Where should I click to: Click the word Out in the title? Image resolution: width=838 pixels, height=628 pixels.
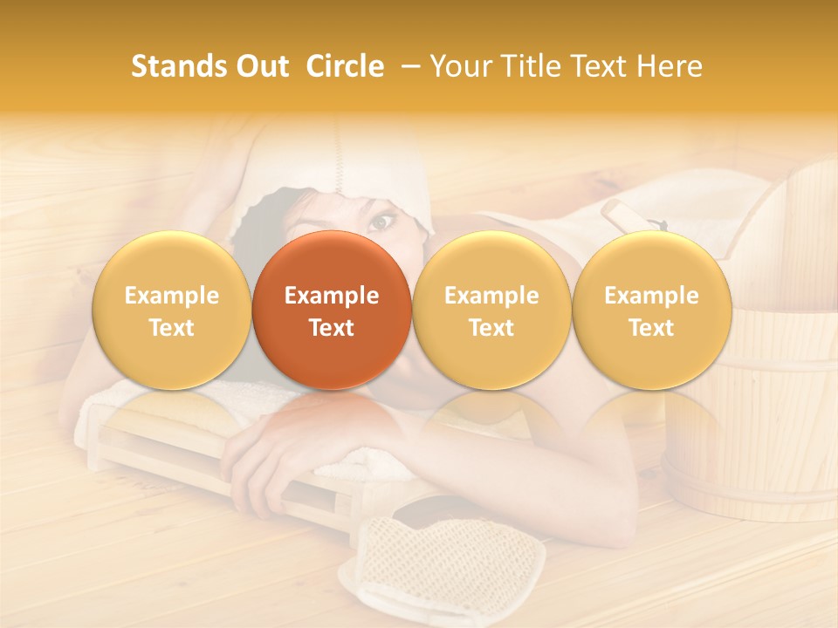point(261,66)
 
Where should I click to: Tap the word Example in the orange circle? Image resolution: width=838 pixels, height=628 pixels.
point(332,296)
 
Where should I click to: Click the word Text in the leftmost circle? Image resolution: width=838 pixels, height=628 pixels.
point(172,328)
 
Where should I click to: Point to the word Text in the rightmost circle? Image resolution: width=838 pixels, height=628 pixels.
point(652,328)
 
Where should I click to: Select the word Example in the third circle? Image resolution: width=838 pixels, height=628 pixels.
point(491,296)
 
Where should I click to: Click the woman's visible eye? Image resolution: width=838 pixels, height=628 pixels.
point(380,222)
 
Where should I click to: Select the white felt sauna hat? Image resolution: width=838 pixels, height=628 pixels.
point(349,166)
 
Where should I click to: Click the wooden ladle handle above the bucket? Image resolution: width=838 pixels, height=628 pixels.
point(627,213)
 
